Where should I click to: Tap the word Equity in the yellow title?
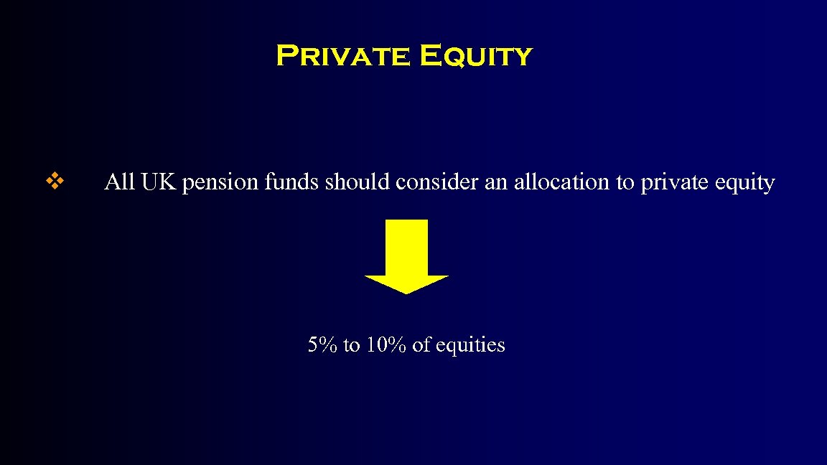(x=476, y=56)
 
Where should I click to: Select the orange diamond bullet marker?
(x=55, y=182)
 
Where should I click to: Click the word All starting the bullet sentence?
(x=120, y=182)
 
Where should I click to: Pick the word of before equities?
(x=421, y=345)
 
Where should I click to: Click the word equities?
(x=469, y=346)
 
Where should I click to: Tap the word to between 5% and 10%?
(x=351, y=346)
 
